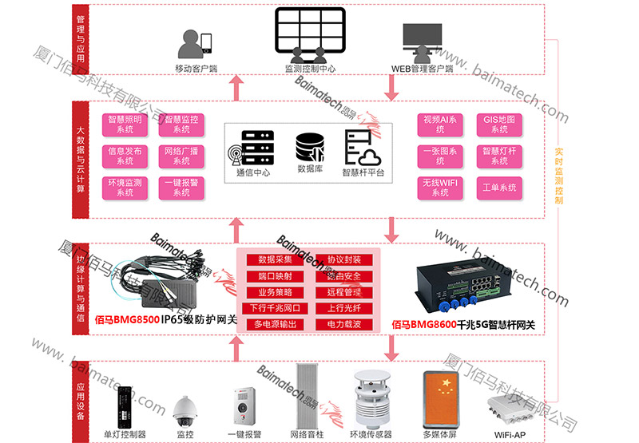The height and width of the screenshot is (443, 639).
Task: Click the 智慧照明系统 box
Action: (x=125, y=124)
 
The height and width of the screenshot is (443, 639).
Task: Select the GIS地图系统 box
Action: (x=499, y=124)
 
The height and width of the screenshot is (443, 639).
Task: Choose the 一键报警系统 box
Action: (x=181, y=187)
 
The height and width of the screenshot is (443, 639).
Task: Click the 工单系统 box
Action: (x=499, y=188)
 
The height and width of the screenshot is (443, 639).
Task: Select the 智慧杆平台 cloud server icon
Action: (x=362, y=147)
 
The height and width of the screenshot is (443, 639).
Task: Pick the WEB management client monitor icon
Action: (x=422, y=42)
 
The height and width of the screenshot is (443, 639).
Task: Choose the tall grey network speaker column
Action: (x=308, y=396)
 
